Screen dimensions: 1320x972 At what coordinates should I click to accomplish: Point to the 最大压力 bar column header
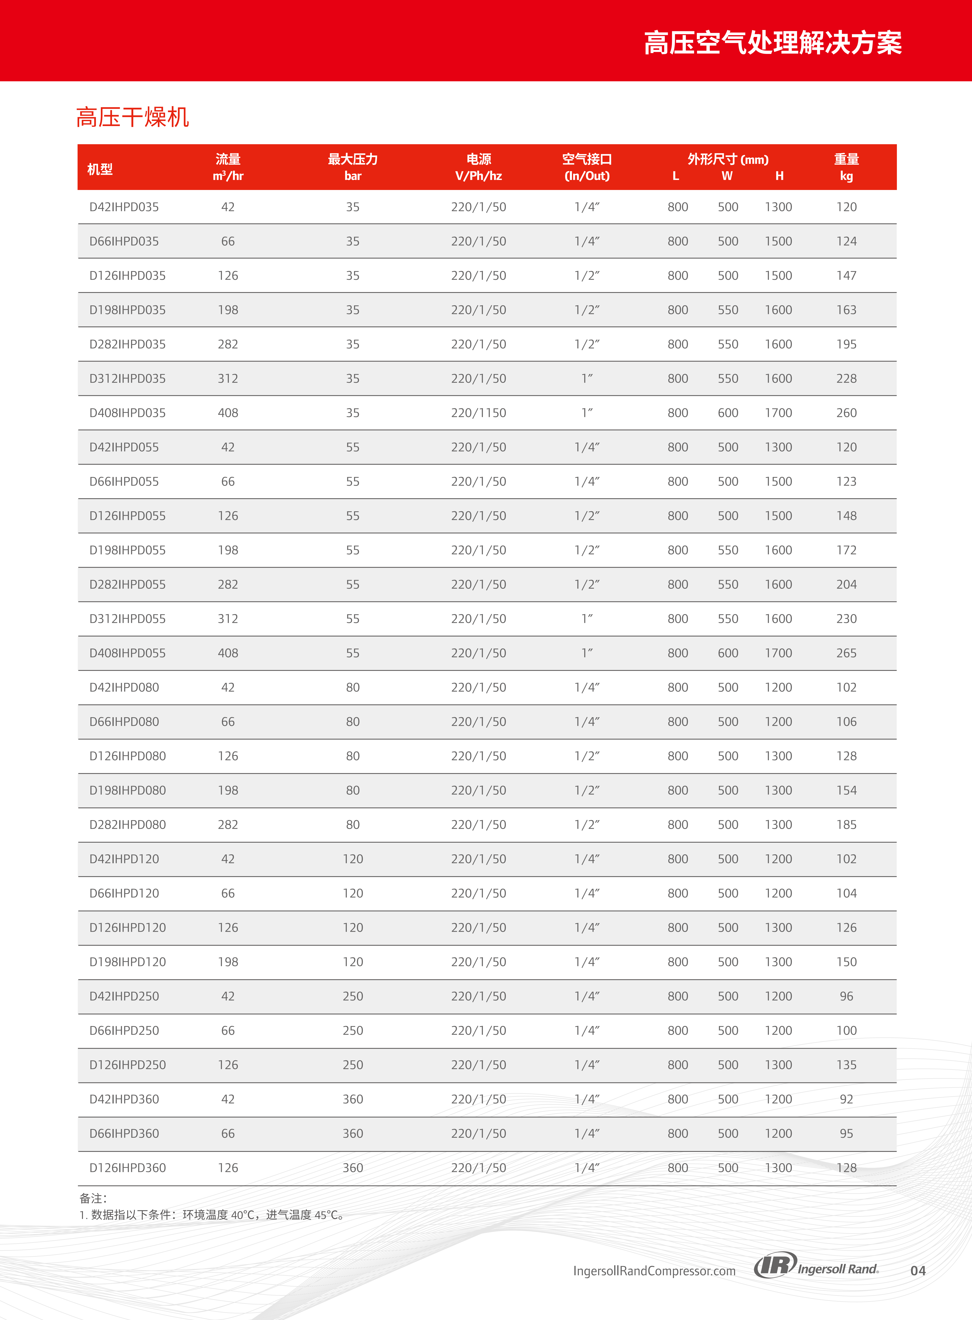click(x=353, y=167)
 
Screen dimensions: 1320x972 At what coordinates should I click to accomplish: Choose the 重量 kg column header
click(x=846, y=167)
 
